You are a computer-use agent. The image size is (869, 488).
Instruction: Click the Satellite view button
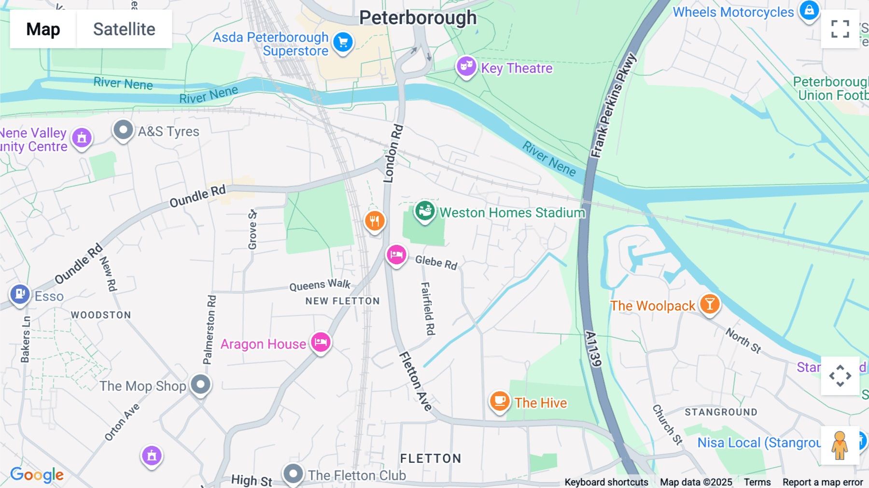124,29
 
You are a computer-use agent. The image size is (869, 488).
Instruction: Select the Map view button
43,29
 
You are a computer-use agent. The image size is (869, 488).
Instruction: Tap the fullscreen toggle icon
840,29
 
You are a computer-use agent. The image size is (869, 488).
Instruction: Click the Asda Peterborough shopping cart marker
343,43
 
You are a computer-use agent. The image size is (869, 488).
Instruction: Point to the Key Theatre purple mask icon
466,67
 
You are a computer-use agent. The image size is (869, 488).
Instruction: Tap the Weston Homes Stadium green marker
425,211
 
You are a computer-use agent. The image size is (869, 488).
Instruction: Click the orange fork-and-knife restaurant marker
375,221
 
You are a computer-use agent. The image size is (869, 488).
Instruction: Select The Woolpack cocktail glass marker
709,304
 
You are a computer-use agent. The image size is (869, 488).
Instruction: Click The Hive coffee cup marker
500,401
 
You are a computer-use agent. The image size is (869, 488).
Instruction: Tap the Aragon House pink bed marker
321,343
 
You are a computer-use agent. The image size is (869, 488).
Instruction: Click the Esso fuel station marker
20,294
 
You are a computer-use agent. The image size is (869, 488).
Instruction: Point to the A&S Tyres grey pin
123,130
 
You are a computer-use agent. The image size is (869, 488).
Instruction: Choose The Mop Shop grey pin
200,385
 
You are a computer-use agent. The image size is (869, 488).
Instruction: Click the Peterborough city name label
418,18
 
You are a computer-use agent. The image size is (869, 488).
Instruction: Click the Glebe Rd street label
436,262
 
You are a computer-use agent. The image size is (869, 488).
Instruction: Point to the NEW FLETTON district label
342,301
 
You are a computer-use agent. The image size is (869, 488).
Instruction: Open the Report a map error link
822,482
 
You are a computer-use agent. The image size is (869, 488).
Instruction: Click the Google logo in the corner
37,475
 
